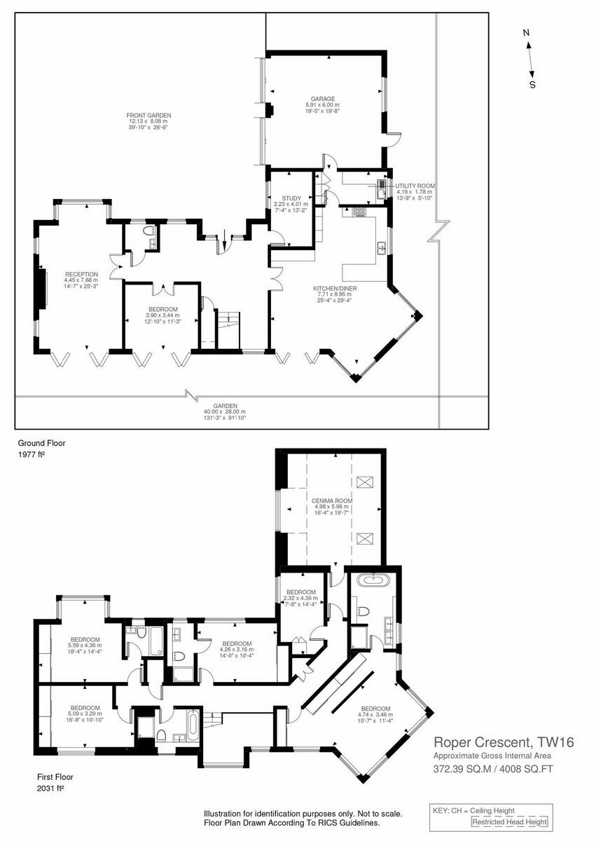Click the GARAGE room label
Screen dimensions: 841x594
(323, 99)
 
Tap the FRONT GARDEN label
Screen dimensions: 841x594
(148, 115)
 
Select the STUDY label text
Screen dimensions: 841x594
(291, 198)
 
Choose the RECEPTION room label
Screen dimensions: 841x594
(81, 274)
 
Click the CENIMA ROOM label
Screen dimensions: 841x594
(332, 501)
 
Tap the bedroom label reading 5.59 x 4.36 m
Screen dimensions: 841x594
(84, 638)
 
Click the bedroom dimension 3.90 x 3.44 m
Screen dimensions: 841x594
(163, 315)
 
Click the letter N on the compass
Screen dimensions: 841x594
(527, 32)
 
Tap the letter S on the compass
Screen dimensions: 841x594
(532, 85)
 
